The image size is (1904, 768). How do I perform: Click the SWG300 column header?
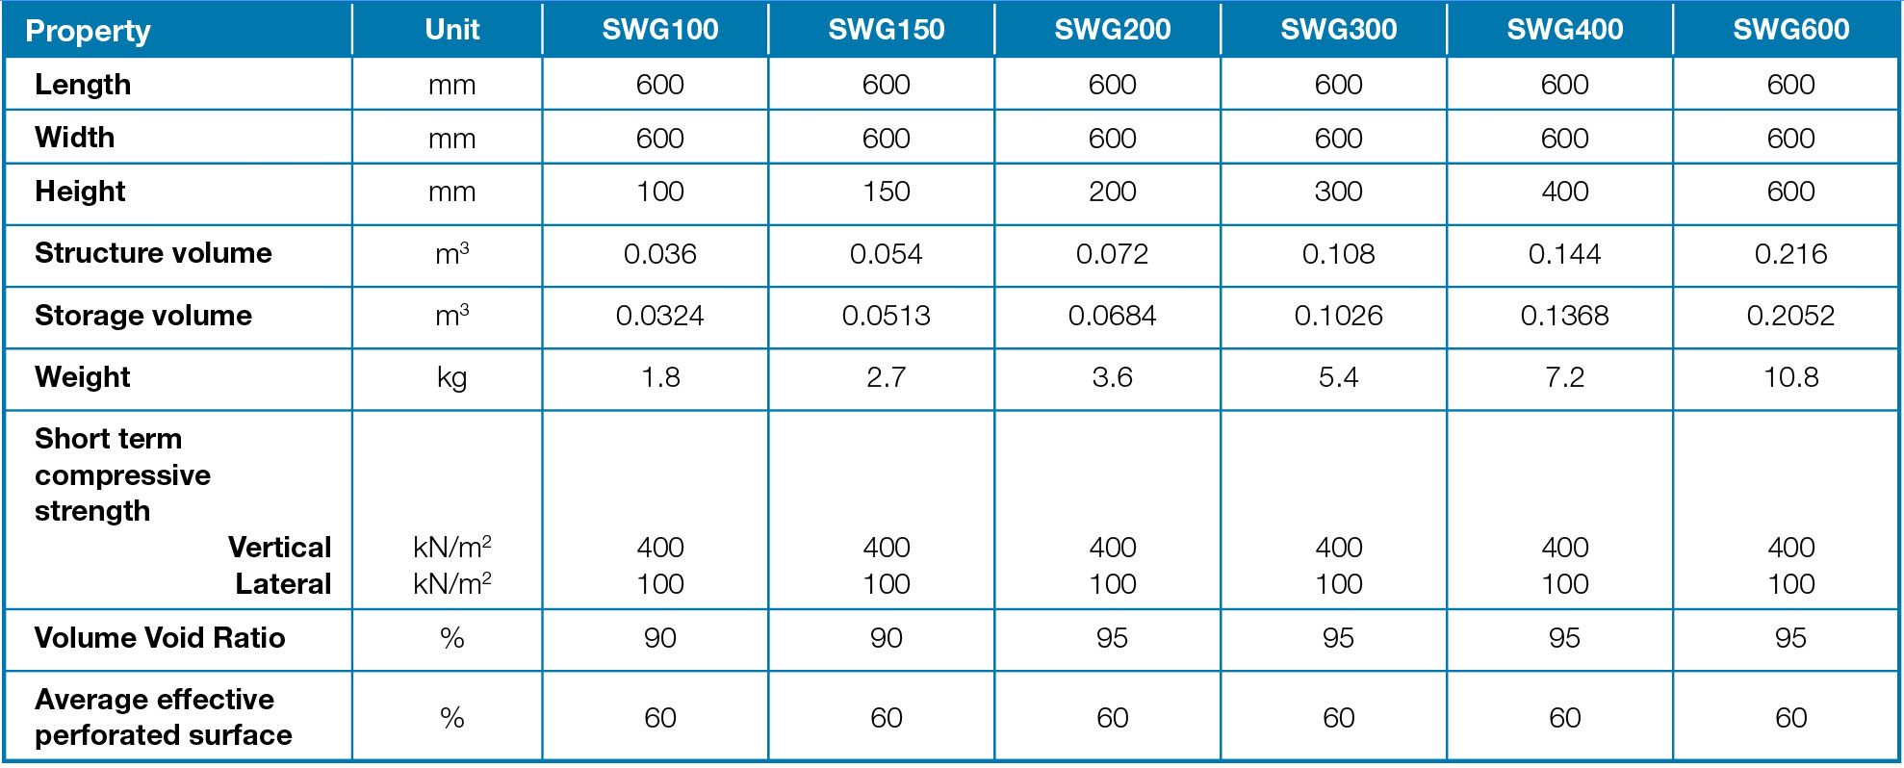coord(1338,30)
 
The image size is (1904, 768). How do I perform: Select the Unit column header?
coord(451,30)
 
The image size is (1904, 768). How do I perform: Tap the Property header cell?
coord(88,32)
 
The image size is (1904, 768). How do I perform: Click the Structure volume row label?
coord(153,253)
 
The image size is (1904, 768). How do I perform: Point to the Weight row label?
coord(82,377)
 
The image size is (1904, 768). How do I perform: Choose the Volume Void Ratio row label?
coord(160,638)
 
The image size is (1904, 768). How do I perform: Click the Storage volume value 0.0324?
coord(659,316)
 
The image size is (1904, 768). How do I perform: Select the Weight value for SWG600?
coord(1790,377)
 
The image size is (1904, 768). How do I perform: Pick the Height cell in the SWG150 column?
coord(886,192)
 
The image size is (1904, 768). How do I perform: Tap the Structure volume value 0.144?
coord(1564,254)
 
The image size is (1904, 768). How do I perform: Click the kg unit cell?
coord(451,377)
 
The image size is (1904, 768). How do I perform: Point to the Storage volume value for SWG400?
coord(1564,316)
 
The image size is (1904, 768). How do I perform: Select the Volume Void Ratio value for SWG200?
coord(1112,638)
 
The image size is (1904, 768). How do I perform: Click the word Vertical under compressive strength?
coord(279,548)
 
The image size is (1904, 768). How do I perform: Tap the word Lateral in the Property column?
coord(283,584)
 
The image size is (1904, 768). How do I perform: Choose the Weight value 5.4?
coord(1338,377)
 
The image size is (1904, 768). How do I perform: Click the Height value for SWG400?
coord(1564,192)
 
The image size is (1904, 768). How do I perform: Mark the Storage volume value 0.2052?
coord(1790,316)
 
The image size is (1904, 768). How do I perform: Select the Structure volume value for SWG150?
coord(886,254)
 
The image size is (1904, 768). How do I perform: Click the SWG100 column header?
coord(659,30)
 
